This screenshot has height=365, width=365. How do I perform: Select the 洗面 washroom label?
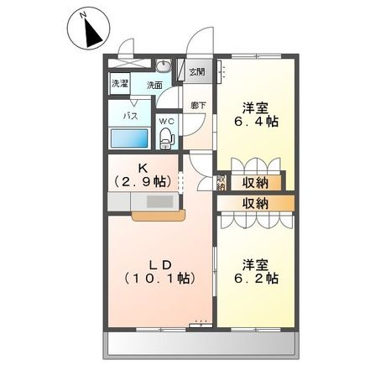(x=154, y=86)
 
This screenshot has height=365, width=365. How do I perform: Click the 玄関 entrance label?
(x=196, y=72)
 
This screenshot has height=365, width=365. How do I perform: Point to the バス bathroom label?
(x=132, y=114)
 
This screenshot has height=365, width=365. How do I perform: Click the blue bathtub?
(x=128, y=139)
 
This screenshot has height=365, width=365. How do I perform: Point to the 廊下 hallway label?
(x=196, y=104)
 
